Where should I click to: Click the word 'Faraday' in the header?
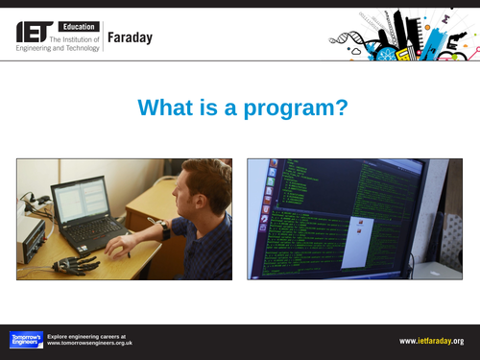pyautogui.click(x=130, y=37)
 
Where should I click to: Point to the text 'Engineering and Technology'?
pyautogui.click(x=57, y=47)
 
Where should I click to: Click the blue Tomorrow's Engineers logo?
pyautogui.click(x=26, y=340)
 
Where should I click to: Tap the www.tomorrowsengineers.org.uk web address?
pyautogui.click(x=89, y=344)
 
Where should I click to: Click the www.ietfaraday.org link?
pyautogui.click(x=432, y=341)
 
